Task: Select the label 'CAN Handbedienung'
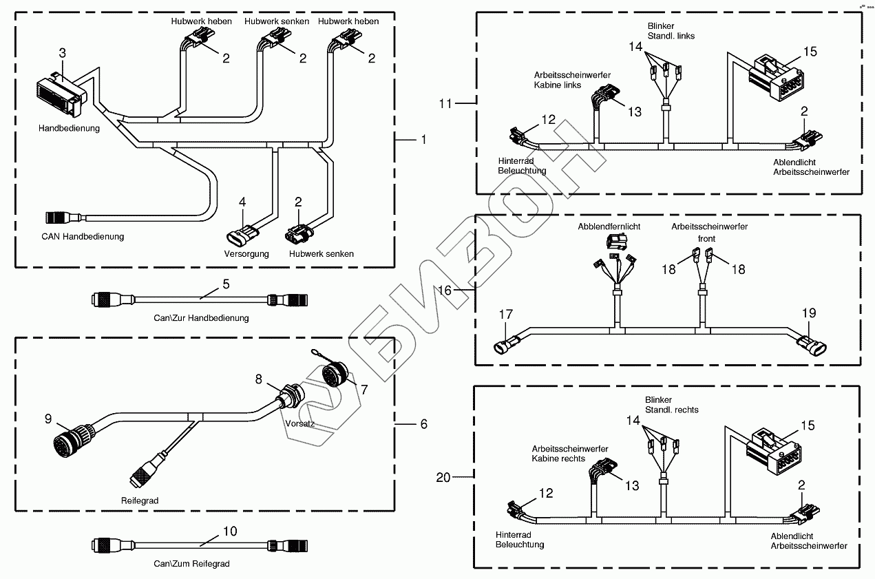(83, 238)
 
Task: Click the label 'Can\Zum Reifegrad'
(191, 564)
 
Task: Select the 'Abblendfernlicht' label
(609, 227)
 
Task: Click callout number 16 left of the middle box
(445, 291)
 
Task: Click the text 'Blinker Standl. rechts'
(671, 405)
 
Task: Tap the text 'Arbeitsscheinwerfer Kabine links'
(562, 80)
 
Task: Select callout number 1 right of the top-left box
(423, 139)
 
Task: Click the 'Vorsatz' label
(300, 423)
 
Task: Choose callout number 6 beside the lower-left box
(423, 424)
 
